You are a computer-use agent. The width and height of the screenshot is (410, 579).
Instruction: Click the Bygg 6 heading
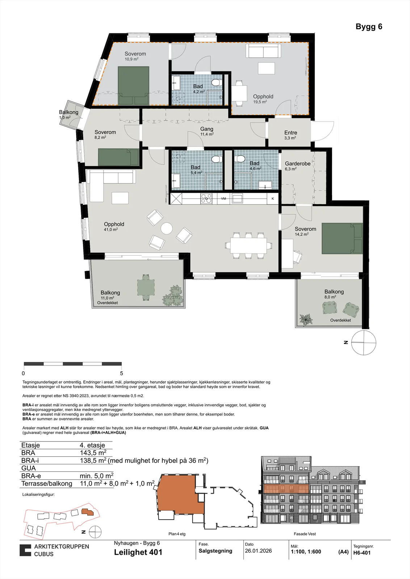[x=369, y=27]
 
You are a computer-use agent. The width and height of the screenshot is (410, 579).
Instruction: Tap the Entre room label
[x=290, y=132]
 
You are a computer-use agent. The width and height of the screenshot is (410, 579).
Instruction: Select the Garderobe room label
[x=298, y=164]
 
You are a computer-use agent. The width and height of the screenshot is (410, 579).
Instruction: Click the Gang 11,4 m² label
[x=207, y=131]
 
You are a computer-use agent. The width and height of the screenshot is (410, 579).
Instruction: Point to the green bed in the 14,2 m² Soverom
[x=342, y=238]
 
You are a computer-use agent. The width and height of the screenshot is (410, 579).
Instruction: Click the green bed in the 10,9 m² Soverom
[x=134, y=85]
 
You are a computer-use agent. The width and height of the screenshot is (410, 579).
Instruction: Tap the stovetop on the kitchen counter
[x=206, y=199]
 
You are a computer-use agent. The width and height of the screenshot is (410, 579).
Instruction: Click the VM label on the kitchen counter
[x=223, y=199]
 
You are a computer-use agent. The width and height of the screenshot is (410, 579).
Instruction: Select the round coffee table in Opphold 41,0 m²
[x=167, y=228]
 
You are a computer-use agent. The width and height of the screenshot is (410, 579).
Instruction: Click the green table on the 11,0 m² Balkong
[x=146, y=287]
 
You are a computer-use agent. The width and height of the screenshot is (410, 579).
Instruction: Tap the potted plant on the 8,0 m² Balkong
[x=306, y=320]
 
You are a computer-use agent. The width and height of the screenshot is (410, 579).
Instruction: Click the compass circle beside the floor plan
[x=364, y=342]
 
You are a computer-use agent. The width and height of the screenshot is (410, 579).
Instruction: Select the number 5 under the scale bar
[x=122, y=373]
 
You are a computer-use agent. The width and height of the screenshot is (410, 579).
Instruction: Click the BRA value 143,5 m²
[x=93, y=453]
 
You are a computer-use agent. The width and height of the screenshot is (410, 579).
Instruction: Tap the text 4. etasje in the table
[x=92, y=445]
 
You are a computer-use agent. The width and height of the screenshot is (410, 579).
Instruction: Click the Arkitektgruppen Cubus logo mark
[x=25, y=550]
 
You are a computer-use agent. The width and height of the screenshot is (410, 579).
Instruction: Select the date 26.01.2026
[x=258, y=550]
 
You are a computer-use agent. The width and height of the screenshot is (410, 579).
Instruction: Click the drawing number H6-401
[x=362, y=553]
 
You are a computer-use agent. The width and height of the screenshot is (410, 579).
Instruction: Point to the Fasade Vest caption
[x=305, y=534]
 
